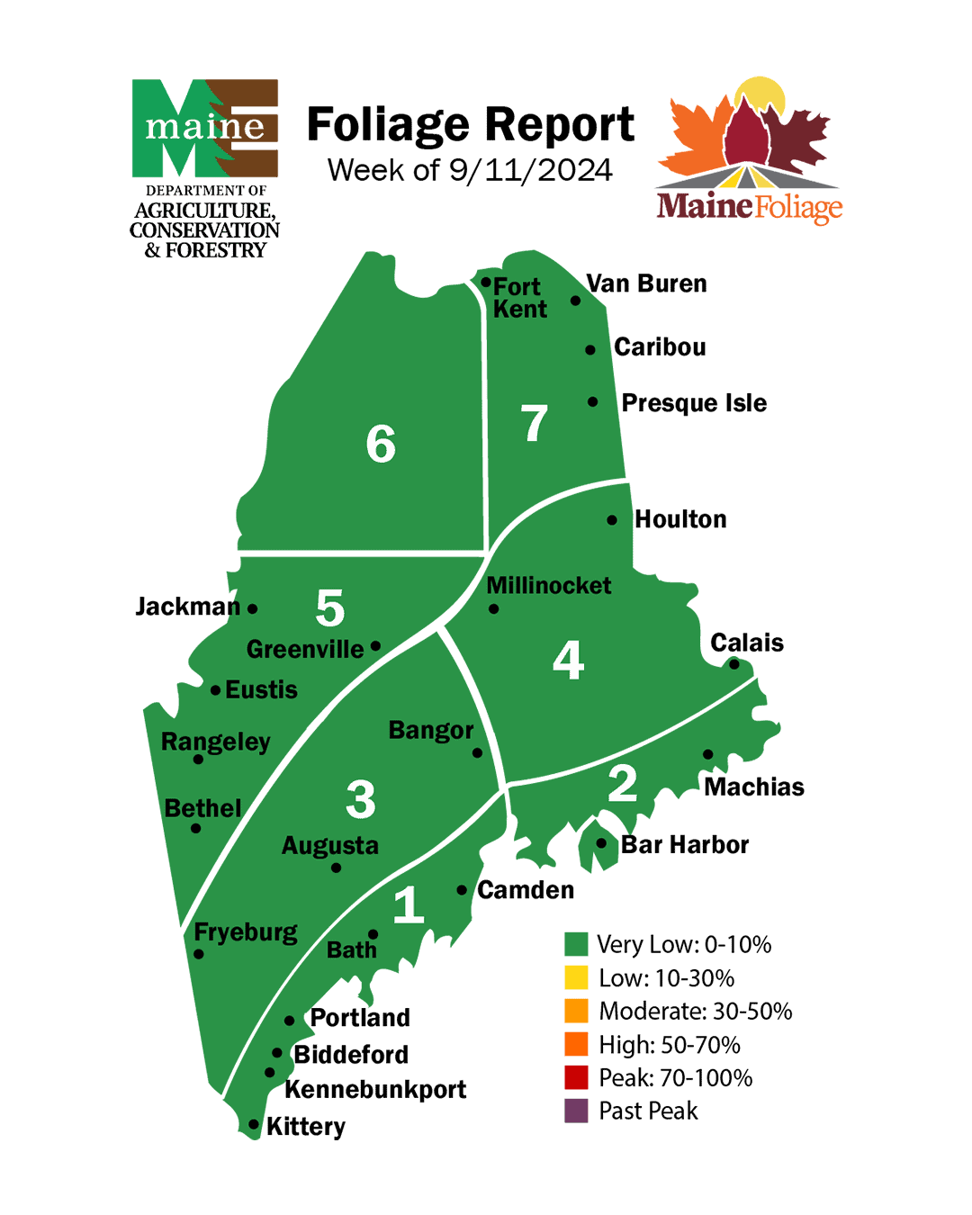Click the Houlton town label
point(680,519)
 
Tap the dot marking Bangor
point(477,752)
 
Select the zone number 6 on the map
point(381,444)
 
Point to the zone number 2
point(622,783)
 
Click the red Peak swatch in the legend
point(576,1077)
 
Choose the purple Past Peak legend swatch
point(576,1111)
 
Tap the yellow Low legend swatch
point(576,977)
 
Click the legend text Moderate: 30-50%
point(696,1011)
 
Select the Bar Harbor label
point(685,844)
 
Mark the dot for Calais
point(733,664)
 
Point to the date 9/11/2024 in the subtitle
point(530,170)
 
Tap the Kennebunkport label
point(375,1089)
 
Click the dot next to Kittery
point(254,1124)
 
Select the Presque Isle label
point(694,402)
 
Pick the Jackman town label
point(187,607)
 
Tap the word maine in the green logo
point(205,126)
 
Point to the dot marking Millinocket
point(493,609)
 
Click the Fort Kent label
point(519,298)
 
